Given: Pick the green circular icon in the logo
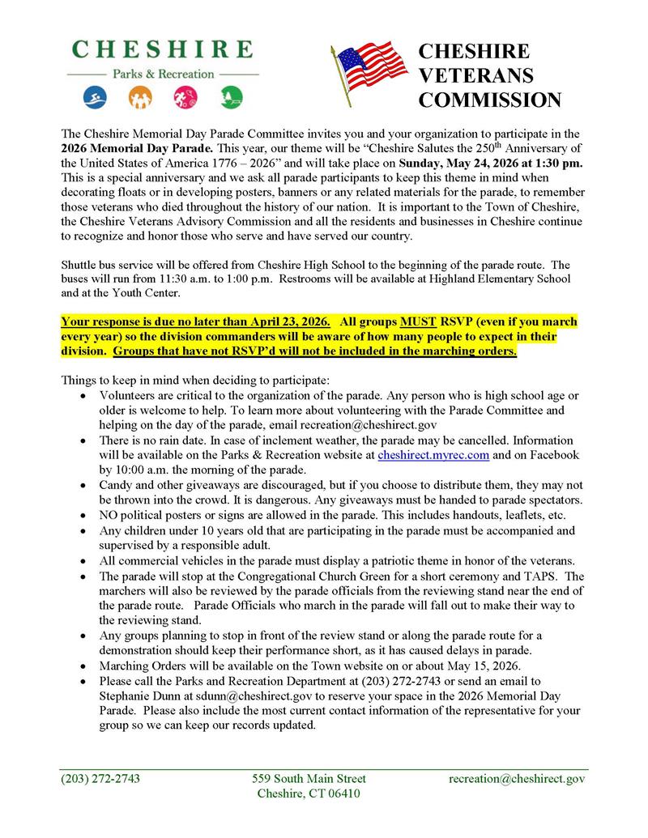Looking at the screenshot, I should (231, 98).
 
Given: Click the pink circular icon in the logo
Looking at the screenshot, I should (184, 98).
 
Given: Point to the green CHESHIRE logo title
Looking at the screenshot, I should (161, 49).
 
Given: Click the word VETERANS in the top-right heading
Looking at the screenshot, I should (475, 75).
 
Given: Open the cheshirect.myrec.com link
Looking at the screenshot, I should (433, 455).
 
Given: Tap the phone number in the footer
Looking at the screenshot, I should (100, 778).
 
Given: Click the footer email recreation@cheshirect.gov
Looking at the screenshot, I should (517, 778).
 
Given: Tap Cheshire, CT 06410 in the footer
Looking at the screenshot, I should (309, 793).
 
